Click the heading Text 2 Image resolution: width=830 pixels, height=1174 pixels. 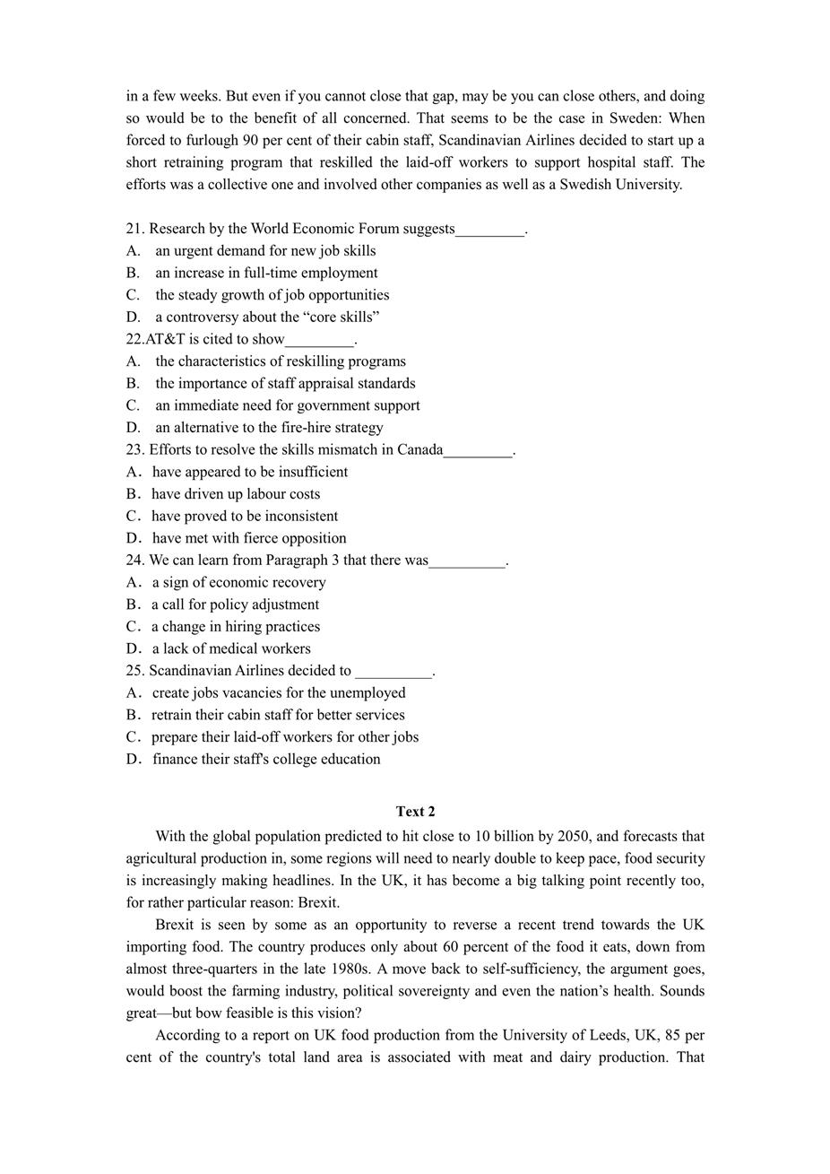pyautogui.click(x=415, y=812)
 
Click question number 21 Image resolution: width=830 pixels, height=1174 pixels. pyautogui.click(x=135, y=229)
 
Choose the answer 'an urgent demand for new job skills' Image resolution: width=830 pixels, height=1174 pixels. pyautogui.click(x=265, y=251)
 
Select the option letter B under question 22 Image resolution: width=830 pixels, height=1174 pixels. pyautogui.click(x=133, y=384)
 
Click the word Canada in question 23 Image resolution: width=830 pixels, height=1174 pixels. pyautogui.click(x=419, y=449)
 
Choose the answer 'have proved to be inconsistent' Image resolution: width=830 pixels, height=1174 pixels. pyautogui.click(x=245, y=517)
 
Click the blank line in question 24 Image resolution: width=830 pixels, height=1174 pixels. pyautogui.click(x=467, y=561)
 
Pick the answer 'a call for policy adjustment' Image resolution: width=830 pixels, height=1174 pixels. pyautogui.click(x=235, y=604)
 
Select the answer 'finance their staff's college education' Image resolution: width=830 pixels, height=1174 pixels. pyautogui.click(x=266, y=760)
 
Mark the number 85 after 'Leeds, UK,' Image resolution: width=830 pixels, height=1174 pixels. pyautogui.click(x=673, y=1035)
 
